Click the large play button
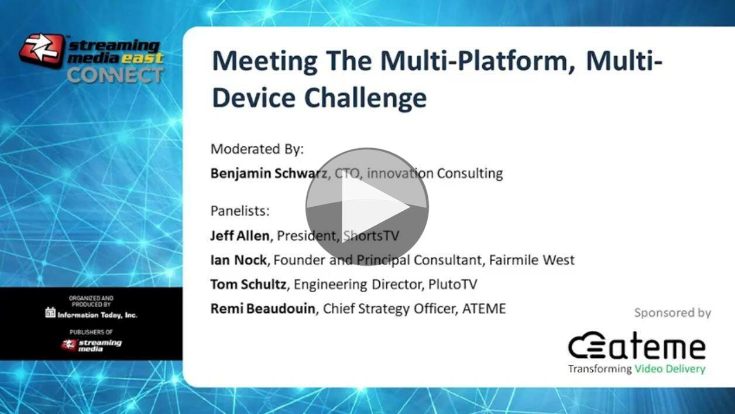click(367, 206)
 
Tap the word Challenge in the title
click(366, 98)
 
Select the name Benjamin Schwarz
click(269, 173)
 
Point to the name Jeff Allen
click(240, 235)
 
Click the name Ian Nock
click(238, 259)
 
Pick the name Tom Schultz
click(248, 284)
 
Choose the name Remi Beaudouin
click(263, 308)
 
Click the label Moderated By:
click(257, 149)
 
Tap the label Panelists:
click(240, 211)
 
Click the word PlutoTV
click(453, 284)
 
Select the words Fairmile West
click(531, 259)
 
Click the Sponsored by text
click(672, 313)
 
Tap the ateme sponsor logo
click(637, 345)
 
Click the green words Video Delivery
click(670, 369)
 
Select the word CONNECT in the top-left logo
click(115, 75)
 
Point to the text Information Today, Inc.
click(98, 315)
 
